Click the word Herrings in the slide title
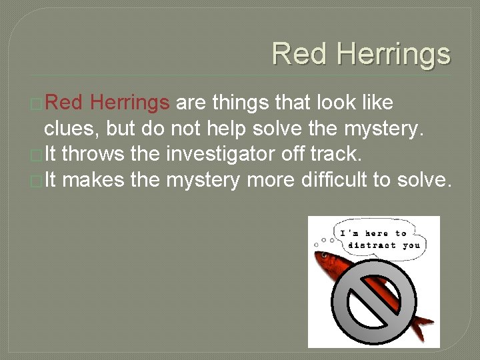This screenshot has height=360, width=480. (x=393, y=54)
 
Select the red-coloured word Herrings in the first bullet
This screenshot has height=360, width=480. (x=129, y=103)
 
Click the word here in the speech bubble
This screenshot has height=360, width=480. (x=375, y=233)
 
